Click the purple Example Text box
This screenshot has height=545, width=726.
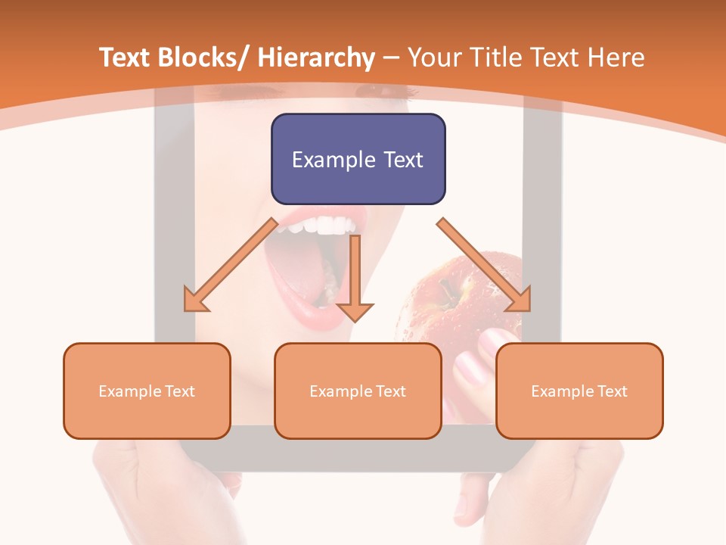tap(358, 159)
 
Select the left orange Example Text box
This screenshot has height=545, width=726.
tap(147, 391)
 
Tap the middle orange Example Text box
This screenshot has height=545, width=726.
tap(358, 391)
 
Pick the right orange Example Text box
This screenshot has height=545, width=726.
tap(579, 391)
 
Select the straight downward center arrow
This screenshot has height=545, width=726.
tap(355, 280)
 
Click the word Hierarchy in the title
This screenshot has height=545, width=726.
tap(316, 58)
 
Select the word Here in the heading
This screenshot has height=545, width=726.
tap(614, 58)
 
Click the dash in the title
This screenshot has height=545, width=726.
tap(391, 59)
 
